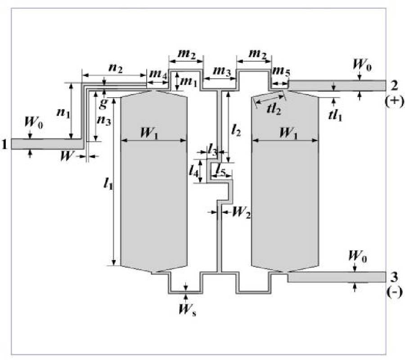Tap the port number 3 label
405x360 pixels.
(x=394, y=276)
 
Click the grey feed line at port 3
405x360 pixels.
(x=337, y=277)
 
